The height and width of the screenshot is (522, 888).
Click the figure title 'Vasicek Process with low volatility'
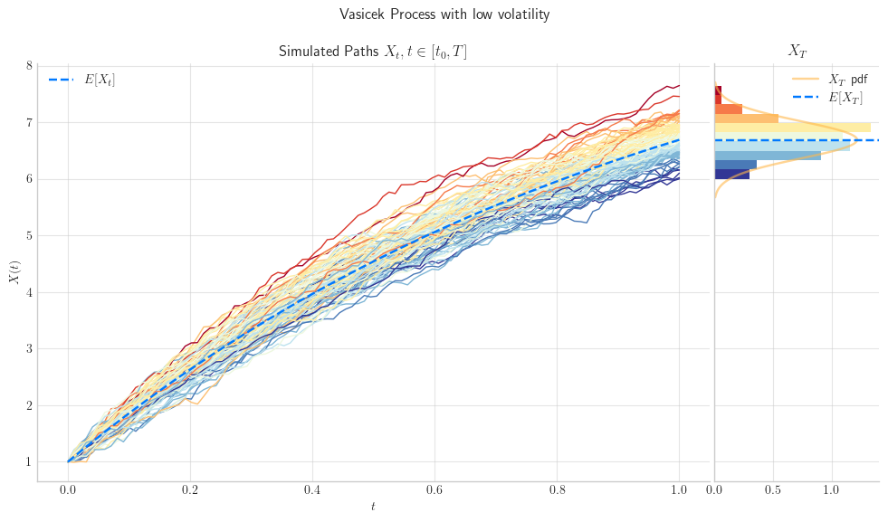(x=444, y=14)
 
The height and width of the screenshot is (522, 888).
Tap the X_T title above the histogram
(x=797, y=51)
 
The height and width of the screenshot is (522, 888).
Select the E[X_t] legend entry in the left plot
(x=82, y=80)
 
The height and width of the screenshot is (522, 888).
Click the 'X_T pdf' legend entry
(x=830, y=80)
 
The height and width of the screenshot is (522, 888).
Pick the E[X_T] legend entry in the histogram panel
(x=828, y=98)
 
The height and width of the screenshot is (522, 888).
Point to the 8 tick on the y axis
(x=29, y=66)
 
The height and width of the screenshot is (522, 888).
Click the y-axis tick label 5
(x=29, y=235)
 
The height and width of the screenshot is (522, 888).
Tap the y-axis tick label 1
(x=29, y=462)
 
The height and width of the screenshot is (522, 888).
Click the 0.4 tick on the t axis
(x=312, y=489)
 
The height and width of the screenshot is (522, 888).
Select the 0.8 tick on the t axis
(x=557, y=489)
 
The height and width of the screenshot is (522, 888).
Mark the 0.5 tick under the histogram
(x=773, y=489)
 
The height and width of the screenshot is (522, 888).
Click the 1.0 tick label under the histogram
(x=831, y=489)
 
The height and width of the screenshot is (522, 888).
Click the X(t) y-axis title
(x=14, y=271)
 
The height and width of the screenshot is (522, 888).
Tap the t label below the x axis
(x=373, y=507)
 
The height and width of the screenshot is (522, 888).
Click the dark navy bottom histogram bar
(x=732, y=175)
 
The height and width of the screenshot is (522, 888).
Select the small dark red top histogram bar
(x=718, y=95)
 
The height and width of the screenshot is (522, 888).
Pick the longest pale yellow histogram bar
(x=793, y=128)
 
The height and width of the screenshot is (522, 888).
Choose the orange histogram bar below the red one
(x=729, y=109)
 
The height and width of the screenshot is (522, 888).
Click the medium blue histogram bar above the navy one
(x=736, y=165)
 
